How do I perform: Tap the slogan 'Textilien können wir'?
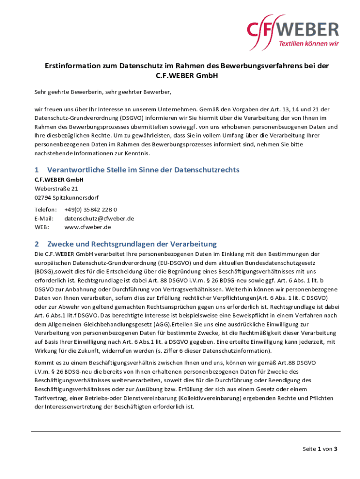point(309,44)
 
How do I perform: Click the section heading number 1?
point(37,170)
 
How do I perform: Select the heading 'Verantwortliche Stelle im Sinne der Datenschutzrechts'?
point(143,170)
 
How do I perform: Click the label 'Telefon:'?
point(45,210)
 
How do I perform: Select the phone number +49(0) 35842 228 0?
point(91,210)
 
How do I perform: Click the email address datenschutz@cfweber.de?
point(99,218)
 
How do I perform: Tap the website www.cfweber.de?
point(87,227)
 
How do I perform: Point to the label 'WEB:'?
point(42,227)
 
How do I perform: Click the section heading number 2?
point(37,244)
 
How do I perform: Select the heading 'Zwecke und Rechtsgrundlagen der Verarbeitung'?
point(132,244)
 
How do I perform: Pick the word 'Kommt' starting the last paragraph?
point(43,363)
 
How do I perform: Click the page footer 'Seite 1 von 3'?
point(320,449)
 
